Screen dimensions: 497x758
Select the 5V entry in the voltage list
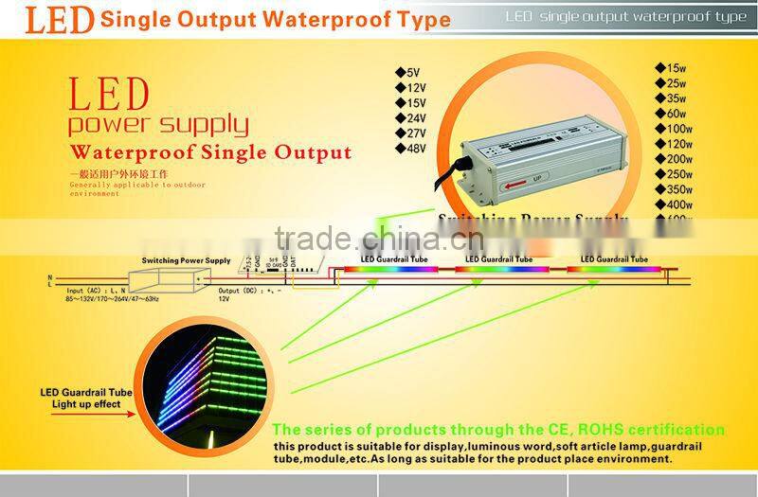[407, 72]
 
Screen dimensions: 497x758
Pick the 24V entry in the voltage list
[410, 118]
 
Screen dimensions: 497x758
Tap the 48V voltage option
[410, 149]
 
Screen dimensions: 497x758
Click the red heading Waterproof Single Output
[211, 152]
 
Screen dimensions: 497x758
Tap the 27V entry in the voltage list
[410, 133]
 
